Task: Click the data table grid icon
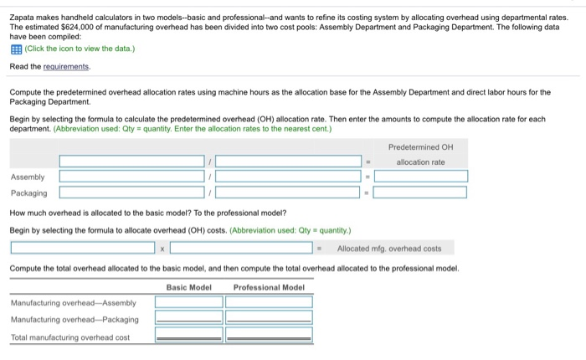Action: pos(14,49)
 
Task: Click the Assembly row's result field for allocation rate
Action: pos(420,177)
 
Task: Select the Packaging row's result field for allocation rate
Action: pos(420,193)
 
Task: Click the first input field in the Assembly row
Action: pos(131,177)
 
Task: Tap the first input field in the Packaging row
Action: pos(131,193)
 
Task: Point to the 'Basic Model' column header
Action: pos(188,287)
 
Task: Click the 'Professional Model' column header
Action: pos(268,287)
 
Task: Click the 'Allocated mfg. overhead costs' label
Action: pos(388,248)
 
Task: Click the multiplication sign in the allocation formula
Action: pos(162,248)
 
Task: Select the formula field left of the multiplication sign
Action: pos(83,248)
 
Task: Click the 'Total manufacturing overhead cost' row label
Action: pos(70,337)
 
